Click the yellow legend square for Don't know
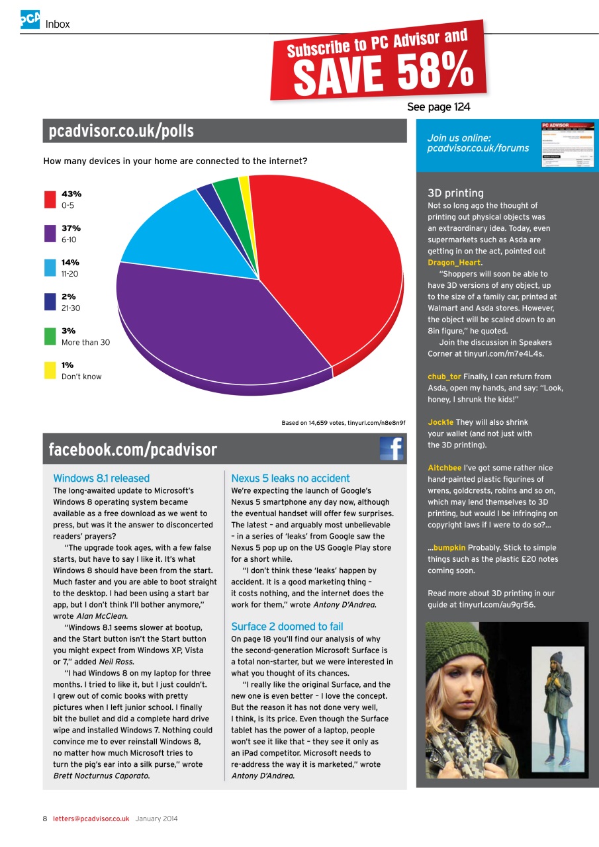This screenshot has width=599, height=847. pyautogui.click(x=50, y=371)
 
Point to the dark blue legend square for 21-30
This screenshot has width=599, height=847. pyautogui.click(x=50, y=302)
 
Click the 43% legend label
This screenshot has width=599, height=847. pyautogui.click(x=71, y=194)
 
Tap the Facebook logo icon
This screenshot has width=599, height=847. pyautogui.click(x=391, y=448)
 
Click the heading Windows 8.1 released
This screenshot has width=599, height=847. pyautogui.click(x=101, y=478)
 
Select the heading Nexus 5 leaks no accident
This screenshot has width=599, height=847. pyautogui.click(x=291, y=478)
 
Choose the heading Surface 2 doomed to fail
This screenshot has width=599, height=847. pyautogui.click(x=287, y=626)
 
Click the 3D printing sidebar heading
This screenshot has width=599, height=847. pyautogui.click(x=455, y=193)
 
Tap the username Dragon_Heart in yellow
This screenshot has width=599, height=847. pyautogui.click(x=454, y=262)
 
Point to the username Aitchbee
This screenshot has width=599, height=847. pyautogui.click(x=444, y=468)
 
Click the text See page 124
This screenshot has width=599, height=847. pyautogui.click(x=438, y=107)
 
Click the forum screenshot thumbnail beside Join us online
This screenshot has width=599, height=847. pyautogui.click(x=567, y=144)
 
